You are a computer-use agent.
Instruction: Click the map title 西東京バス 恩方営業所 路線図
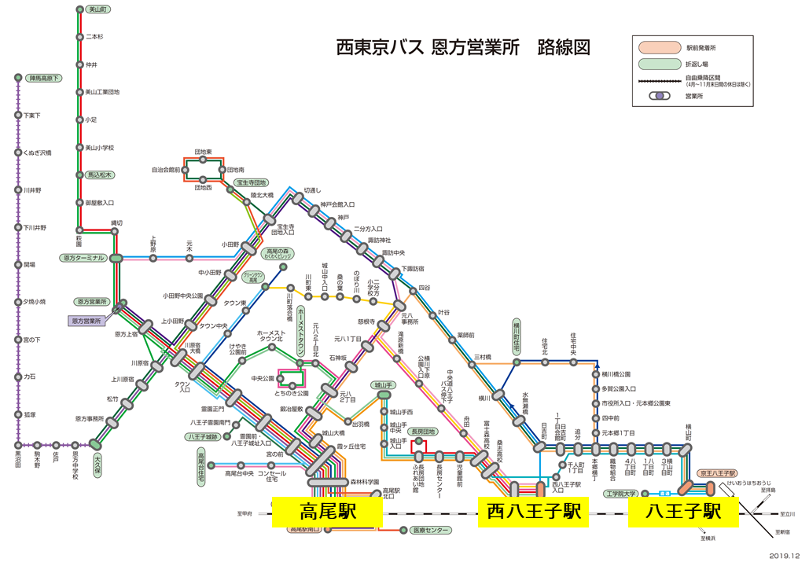click(x=462, y=48)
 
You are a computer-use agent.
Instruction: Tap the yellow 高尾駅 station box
click(x=327, y=512)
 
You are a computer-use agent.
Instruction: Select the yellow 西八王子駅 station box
click(x=533, y=512)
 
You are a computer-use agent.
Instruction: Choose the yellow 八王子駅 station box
click(x=682, y=512)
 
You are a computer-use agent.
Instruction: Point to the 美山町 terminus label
click(x=97, y=9)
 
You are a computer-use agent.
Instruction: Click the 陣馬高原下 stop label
click(x=44, y=78)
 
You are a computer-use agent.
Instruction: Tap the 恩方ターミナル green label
click(x=83, y=258)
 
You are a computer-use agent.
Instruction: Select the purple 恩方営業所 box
click(x=87, y=321)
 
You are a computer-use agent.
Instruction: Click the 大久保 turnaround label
click(x=97, y=458)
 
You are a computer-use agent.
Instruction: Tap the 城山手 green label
click(x=384, y=385)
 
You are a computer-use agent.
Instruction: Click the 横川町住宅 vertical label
click(x=517, y=335)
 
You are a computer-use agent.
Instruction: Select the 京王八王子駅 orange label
click(x=718, y=474)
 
